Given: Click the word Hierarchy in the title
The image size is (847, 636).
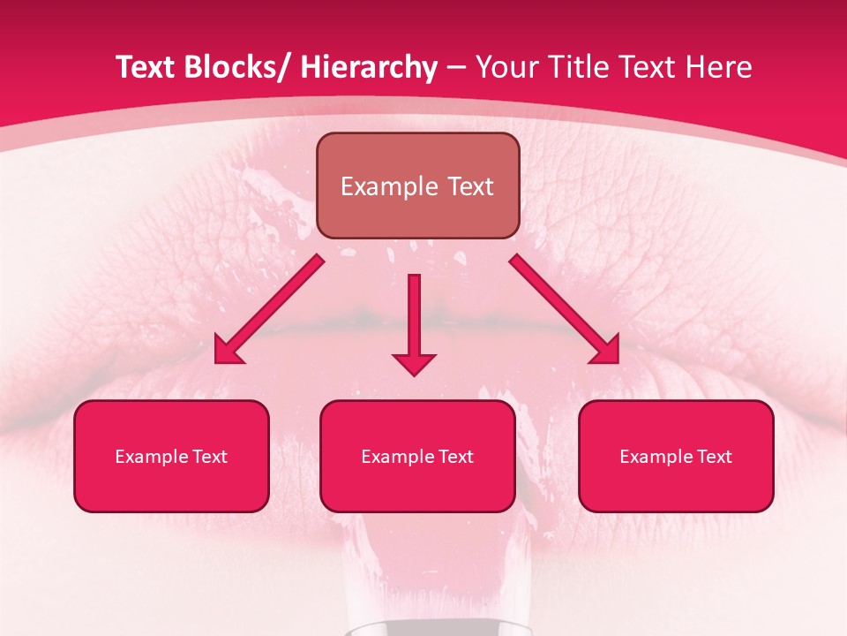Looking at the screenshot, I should tap(369, 67).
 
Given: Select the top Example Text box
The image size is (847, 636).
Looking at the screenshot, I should tap(417, 185).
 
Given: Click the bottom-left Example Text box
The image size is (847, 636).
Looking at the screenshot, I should tap(171, 456).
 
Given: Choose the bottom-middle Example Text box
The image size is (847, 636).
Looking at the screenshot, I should tap(417, 456).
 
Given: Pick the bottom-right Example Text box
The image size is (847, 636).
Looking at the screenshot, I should tap(676, 456).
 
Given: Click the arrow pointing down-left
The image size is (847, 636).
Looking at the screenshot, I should tap(269, 309).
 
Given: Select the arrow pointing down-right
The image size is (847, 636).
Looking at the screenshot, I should tap(565, 309).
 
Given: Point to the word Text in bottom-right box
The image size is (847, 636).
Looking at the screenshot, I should tap(714, 457).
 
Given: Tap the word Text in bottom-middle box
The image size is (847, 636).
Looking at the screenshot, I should tap(455, 457).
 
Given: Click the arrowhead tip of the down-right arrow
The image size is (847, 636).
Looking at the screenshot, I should tap(617, 361).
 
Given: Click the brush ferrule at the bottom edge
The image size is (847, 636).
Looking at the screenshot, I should tap(414, 628).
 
